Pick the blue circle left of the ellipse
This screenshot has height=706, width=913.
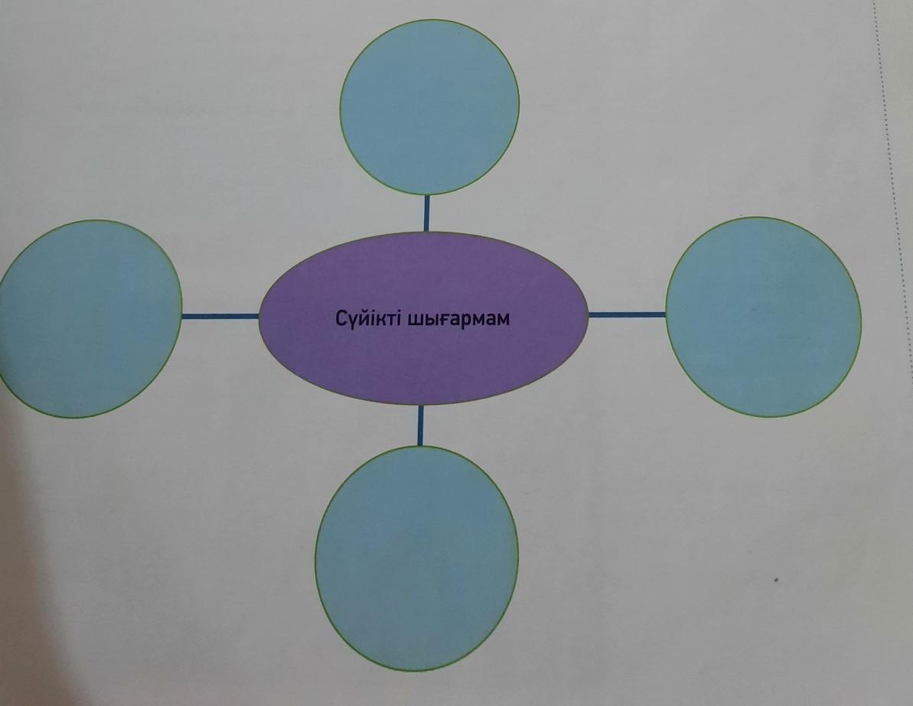(90, 318)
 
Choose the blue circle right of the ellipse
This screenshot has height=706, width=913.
(763, 317)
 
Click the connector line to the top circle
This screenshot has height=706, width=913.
(426, 213)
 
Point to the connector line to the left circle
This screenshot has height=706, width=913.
(220, 315)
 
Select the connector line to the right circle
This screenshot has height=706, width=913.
(627, 314)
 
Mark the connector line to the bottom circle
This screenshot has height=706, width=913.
(419, 425)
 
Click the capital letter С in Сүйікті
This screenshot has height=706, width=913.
(341, 318)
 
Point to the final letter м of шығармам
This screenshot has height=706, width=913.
(502, 319)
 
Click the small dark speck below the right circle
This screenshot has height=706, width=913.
(778, 578)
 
